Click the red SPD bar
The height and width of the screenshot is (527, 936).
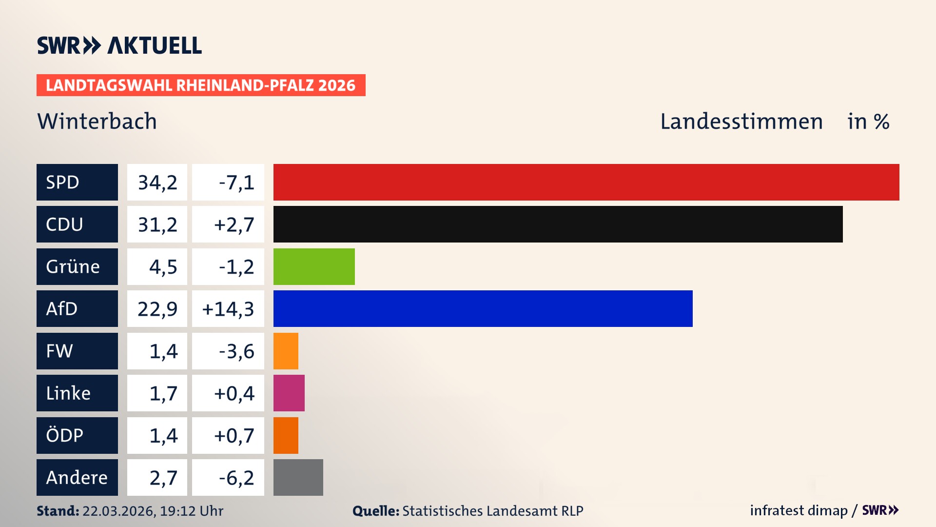[586, 182]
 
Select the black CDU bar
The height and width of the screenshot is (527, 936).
[558, 224]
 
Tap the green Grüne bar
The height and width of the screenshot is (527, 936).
[314, 266]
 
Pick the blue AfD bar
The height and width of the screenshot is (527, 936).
[483, 309]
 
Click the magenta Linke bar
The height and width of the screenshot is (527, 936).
[289, 393]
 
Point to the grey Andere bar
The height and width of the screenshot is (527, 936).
[298, 478]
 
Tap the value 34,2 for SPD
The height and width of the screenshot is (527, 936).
[157, 182]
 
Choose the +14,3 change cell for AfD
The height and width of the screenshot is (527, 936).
[228, 309]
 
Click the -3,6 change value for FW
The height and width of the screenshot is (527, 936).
[236, 351]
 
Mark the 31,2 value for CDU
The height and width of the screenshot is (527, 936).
[157, 224]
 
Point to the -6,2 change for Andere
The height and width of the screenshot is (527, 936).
[236, 478]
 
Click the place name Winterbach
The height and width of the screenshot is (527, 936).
[97, 122]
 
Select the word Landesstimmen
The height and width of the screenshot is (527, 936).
[741, 122]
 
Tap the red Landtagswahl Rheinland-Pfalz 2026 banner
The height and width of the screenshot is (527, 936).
[201, 85]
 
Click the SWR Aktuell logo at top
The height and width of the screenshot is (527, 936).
[119, 45]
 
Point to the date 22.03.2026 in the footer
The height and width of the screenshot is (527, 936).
[118, 511]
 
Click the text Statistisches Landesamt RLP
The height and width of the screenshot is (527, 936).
[492, 511]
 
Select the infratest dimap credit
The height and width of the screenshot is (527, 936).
[798, 510]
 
